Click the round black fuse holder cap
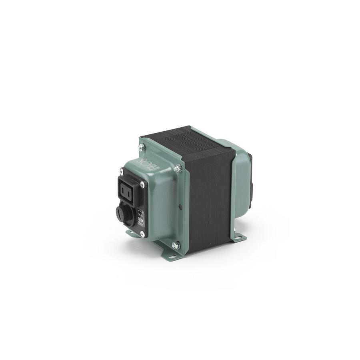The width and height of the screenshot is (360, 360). pyautogui.click(x=122, y=212)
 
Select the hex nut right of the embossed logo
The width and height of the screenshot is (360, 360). pyautogui.click(x=178, y=168)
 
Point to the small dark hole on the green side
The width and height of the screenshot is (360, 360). pyautogui.click(x=180, y=207)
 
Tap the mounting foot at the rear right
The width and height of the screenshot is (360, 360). pyautogui.click(x=238, y=238)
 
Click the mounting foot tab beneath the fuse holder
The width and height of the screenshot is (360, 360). pyautogui.click(x=132, y=233)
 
